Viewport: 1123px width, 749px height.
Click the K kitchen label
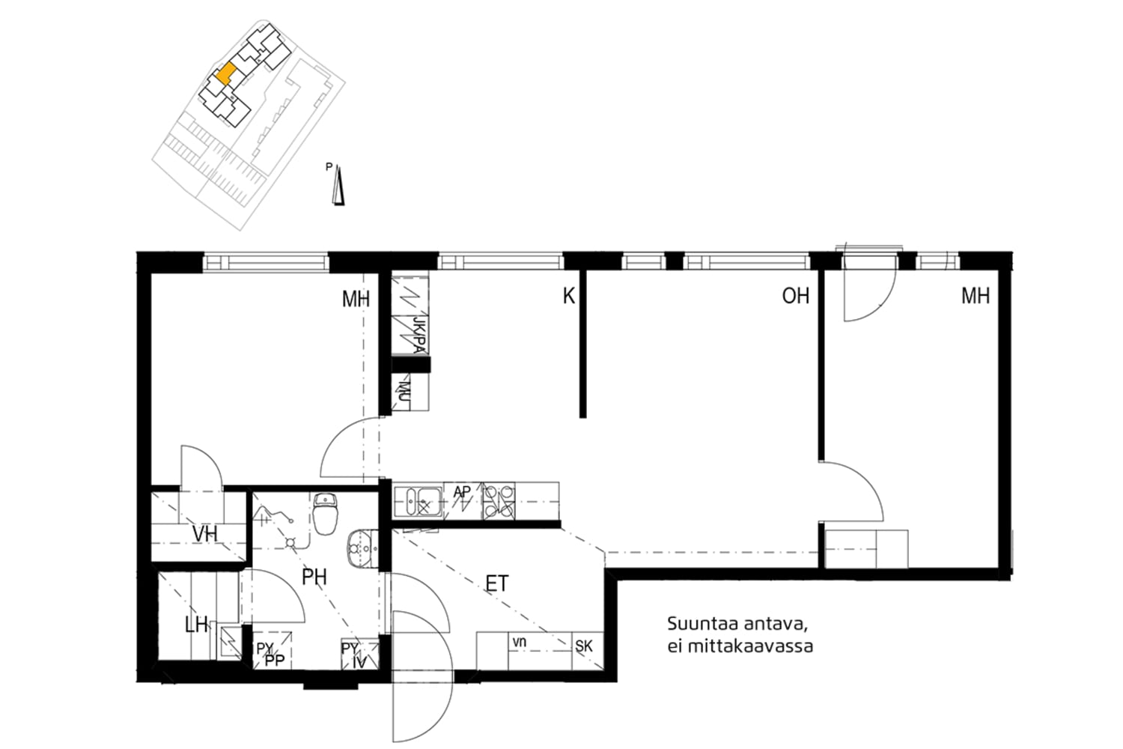(568, 296)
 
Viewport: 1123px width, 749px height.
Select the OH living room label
(796, 296)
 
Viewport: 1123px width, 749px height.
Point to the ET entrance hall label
(497, 583)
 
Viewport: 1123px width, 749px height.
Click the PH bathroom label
(314, 577)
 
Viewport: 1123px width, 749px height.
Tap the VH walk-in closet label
(205, 534)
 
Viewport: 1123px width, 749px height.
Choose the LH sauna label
(196, 625)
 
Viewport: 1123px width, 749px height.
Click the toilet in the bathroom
(326, 514)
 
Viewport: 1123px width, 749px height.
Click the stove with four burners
(499, 500)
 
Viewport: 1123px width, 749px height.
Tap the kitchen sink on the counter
(418, 501)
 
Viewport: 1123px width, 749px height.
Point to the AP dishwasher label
(462, 492)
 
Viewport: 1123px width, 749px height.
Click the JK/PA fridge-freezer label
(419, 335)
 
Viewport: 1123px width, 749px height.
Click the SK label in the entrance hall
(583, 646)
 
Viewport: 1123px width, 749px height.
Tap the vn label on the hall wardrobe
(520, 642)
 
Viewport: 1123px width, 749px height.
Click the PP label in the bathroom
(275, 661)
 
